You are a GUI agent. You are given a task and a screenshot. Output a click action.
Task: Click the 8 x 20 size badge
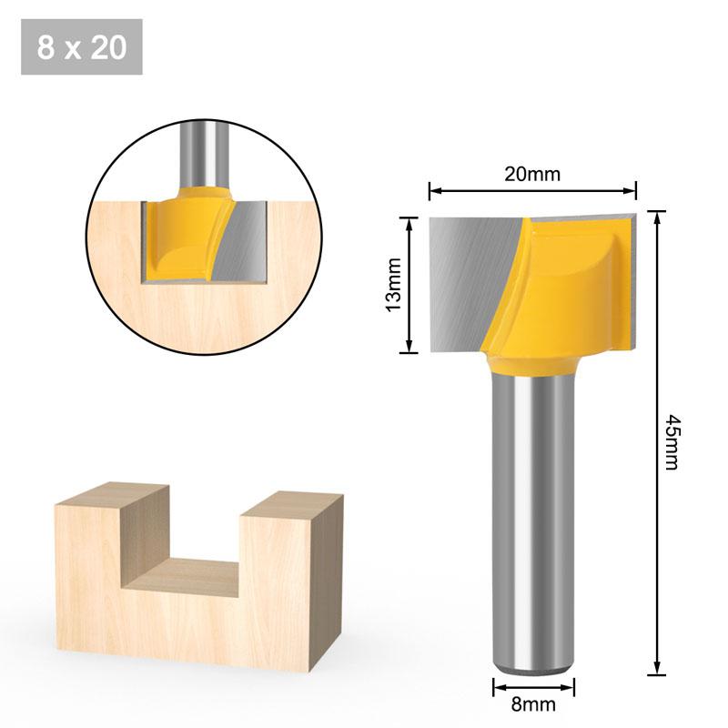point(82,46)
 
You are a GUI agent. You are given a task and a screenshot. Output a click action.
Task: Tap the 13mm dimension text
point(393,283)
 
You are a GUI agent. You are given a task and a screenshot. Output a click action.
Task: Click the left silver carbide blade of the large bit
point(464,282)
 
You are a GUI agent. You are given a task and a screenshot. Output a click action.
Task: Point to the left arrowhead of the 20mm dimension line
point(434,191)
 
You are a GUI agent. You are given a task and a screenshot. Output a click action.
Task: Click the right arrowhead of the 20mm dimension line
point(631,191)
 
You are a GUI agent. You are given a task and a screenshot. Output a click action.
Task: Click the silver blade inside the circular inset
point(241,241)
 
